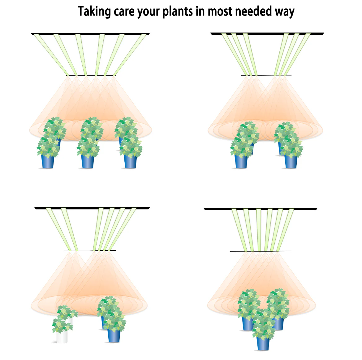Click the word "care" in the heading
124,12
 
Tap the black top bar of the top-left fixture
90,34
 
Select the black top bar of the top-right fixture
267,34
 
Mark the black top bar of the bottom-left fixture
92,208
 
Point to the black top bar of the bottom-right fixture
261,209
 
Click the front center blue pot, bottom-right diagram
263,344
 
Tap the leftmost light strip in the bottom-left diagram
59,229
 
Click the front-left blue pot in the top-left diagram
48,161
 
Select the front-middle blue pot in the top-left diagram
88,161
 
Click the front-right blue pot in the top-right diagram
291,161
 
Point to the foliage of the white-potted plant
64,318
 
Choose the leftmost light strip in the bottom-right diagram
239,230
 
